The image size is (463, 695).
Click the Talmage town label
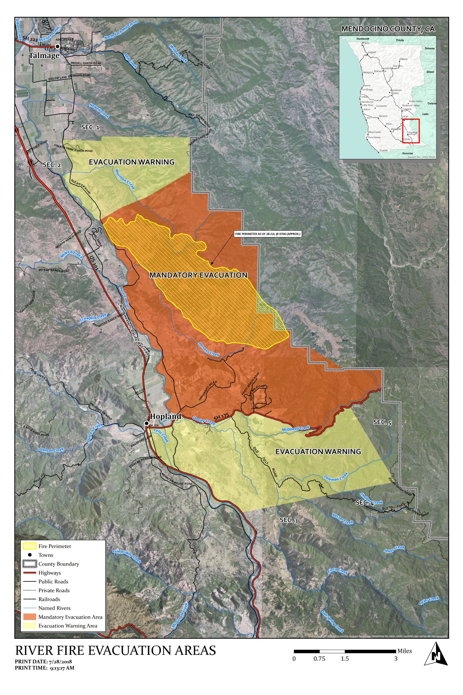pyautogui.click(x=44, y=56)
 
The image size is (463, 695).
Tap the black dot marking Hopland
pyautogui.click(x=147, y=424)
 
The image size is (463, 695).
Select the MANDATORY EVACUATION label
pyautogui.click(x=198, y=275)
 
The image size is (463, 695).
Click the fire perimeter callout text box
pyautogui.click(x=267, y=234)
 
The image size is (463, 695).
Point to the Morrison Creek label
pyautogui.click(x=125, y=179)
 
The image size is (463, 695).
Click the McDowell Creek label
pyautogui.click(x=296, y=429)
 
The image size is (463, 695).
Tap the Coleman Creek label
pyautogui.click(x=336, y=477)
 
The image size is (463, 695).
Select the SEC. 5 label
pyautogui.click(x=382, y=422)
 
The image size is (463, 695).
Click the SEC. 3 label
pyautogui.click(x=289, y=520)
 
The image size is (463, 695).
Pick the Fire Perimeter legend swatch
pyautogui.click(x=29, y=546)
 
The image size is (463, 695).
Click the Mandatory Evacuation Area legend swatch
pyautogui.click(x=29, y=617)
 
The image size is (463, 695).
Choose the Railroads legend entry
pyautogui.click(x=49, y=599)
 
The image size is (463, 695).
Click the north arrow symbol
pyautogui.click(x=436, y=654)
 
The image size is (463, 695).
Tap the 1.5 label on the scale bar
pyautogui.click(x=345, y=659)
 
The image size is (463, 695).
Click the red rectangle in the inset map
pyautogui.click(x=411, y=131)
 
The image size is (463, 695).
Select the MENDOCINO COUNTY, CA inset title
pyautogui.click(x=388, y=29)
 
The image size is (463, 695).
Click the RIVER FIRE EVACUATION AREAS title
pyautogui.click(x=115, y=651)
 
